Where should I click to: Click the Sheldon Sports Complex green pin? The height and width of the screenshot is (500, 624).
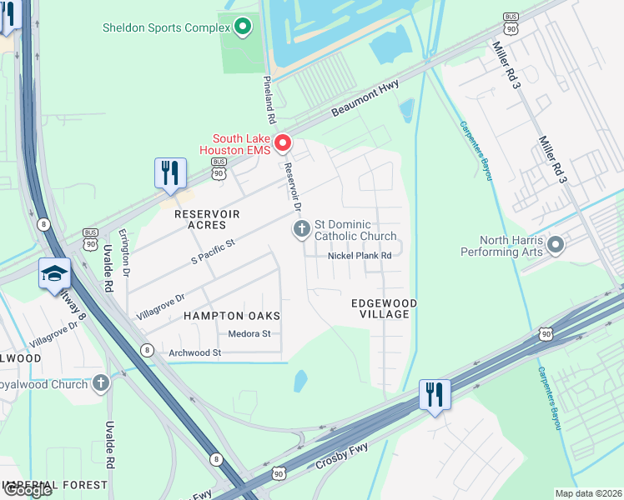pos(243,27)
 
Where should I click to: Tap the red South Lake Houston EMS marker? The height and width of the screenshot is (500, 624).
pos(283,144)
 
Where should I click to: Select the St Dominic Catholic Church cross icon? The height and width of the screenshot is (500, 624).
pos(301,229)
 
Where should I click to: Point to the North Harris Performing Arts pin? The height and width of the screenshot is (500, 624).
pos(556,246)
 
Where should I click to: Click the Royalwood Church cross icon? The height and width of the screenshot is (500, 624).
pos(101,384)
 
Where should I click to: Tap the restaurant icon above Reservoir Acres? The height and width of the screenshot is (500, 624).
pos(170,174)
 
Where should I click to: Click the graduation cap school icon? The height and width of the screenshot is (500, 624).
pos(54,275)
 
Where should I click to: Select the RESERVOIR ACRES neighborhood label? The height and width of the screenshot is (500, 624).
pos(207,220)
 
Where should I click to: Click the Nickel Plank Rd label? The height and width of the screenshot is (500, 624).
pos(360,256)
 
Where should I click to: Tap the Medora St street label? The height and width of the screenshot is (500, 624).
pos(249,334)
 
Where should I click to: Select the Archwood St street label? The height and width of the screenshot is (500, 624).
pos(194,352)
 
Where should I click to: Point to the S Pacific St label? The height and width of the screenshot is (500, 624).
pos(214,251)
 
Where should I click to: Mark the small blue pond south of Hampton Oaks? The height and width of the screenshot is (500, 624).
pos(300,381)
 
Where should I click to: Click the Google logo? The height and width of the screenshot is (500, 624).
pos(27,490)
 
